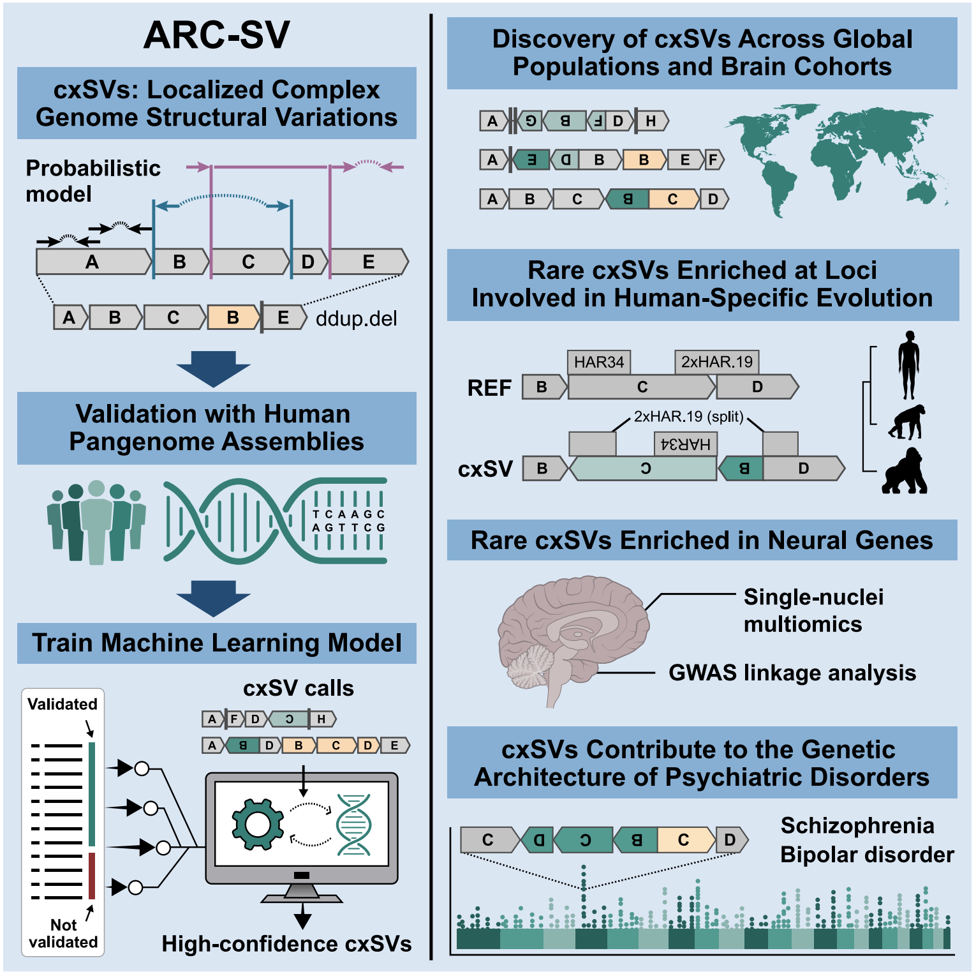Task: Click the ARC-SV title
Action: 216,36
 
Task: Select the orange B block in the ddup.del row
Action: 233,317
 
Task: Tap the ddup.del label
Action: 356,318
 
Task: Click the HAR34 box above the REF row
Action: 598,362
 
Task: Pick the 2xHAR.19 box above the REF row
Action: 716,362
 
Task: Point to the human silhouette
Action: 909,364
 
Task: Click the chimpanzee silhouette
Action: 908,422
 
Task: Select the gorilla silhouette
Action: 905,472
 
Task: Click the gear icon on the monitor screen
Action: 258,824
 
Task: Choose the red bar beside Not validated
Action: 92,875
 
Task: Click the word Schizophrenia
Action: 857,826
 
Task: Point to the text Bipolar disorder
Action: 867,855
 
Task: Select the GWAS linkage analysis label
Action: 792,673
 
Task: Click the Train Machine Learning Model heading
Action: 217,643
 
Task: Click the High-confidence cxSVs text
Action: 286,943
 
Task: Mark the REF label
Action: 489,387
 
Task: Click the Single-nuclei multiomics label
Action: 813,610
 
